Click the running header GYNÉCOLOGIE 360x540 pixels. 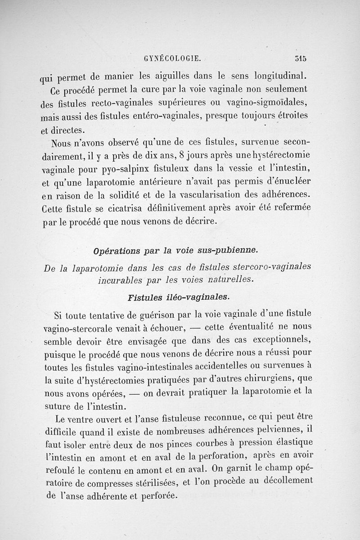coord(172,58)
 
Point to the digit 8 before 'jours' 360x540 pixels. coord(181,157)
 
